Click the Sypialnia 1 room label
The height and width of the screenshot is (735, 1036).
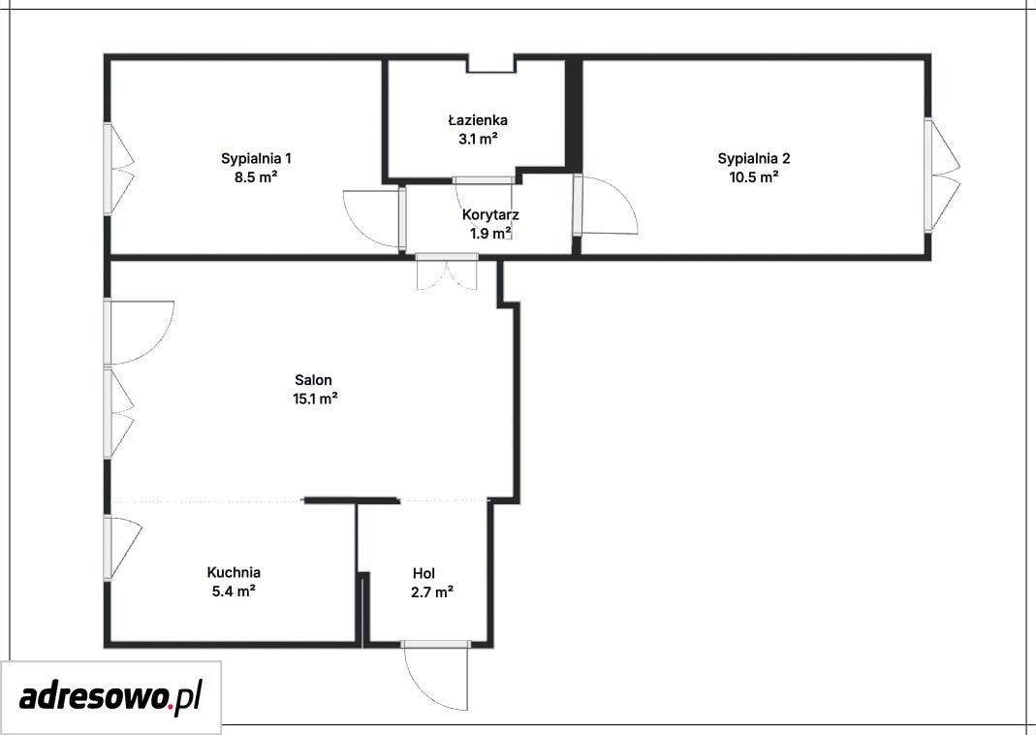pos(257,159)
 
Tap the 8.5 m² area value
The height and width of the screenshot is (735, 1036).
pos(256,177)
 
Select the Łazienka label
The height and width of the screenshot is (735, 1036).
pos(478,120)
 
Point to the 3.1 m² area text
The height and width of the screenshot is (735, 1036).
pos(478,139)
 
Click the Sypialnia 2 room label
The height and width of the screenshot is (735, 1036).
pos(754,159)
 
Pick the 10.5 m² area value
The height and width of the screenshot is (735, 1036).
pos(754,177)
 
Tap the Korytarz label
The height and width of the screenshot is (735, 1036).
pos(490,215)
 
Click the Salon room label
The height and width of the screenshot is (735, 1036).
pos(313,380)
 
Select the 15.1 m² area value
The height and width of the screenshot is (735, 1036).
pos(315,399)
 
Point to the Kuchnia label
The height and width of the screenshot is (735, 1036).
pos(234,572)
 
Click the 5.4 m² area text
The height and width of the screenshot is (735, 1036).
pos(234,591)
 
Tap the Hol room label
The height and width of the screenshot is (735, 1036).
pos(424,573)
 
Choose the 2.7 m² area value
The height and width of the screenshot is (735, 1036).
pos(431,592)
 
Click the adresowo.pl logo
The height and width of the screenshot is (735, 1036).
pos(111,697)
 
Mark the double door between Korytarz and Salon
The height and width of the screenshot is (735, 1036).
pos(447,273)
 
